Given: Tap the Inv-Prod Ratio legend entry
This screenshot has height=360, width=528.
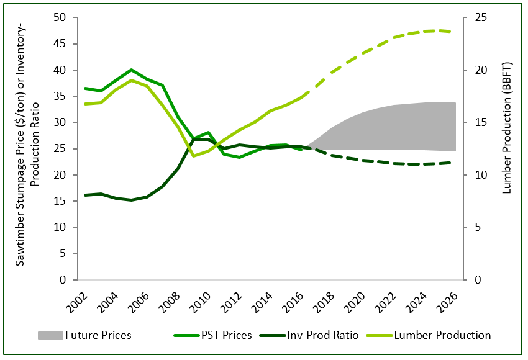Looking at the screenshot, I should click(324, 335).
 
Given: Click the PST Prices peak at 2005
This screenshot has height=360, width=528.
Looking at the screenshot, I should click(132, 70).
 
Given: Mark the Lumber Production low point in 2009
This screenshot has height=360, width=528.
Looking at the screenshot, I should click(194, 156).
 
